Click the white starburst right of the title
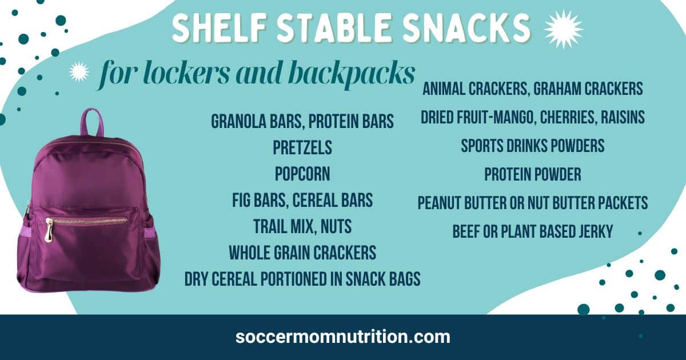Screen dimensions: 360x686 563,29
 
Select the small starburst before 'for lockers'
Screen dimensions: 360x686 79,71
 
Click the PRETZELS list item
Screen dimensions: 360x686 302,147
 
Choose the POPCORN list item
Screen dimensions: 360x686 302,174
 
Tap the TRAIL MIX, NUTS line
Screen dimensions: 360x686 302,227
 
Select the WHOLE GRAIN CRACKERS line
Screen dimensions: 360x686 302,253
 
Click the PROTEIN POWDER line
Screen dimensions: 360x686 533,174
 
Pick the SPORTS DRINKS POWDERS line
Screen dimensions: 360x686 533,146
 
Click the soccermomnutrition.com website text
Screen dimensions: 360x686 343,337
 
